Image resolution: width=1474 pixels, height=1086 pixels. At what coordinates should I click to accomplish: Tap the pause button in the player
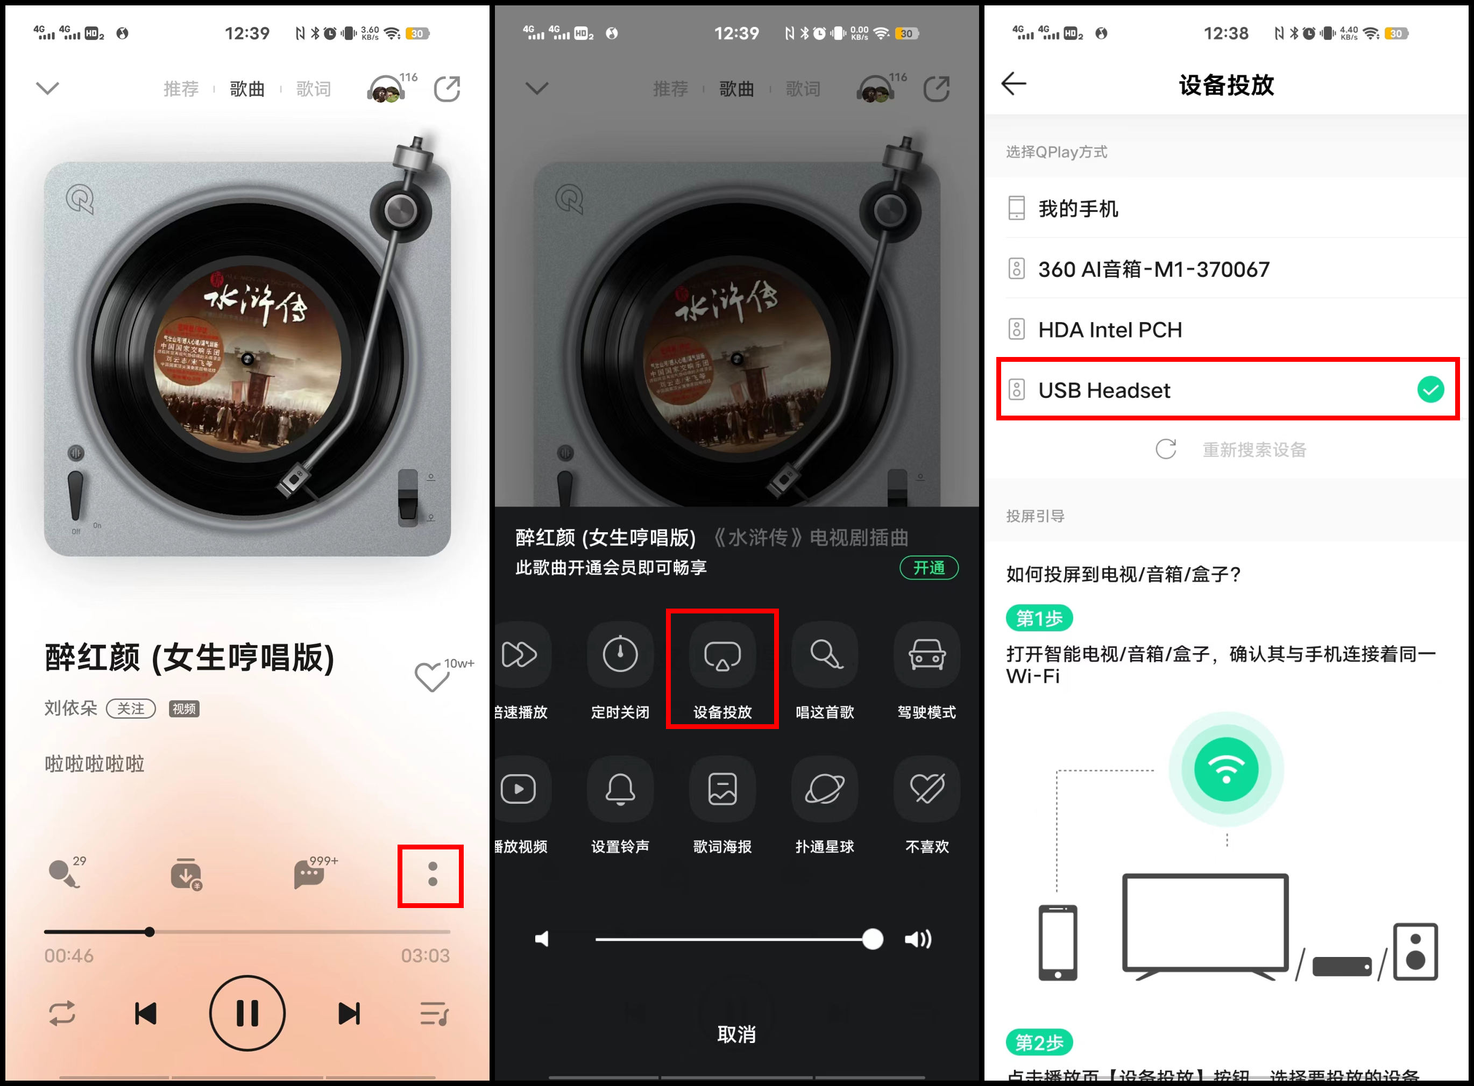pos(247,1013)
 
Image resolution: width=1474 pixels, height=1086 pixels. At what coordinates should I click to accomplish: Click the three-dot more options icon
pos(432,874)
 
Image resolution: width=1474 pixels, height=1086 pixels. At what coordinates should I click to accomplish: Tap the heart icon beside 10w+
pos(431,676)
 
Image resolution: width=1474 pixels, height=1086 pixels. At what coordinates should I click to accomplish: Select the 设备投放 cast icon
pos(722,655)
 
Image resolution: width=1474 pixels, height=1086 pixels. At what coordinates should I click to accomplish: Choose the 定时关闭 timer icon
pos(620,655)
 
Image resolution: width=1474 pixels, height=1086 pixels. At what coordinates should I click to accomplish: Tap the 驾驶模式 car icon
pos(927,655)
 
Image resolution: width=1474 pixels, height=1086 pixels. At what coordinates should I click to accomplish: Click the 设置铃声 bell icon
pos(620,789)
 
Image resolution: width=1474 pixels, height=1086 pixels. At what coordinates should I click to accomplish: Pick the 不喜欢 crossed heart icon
pos(927,789)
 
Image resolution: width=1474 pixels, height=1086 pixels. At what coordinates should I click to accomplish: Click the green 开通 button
pos(929,567)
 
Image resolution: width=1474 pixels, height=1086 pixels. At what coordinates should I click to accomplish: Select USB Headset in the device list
pos(1104,390)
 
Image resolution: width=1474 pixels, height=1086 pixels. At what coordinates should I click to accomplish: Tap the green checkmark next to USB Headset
pos(1430,390)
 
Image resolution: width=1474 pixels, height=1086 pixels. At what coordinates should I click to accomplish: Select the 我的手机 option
pos(1078,209)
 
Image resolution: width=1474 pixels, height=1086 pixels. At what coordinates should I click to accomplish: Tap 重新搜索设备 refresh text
pos(1253,449)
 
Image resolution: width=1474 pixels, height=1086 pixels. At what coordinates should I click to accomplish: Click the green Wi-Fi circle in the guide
pos(1226,769)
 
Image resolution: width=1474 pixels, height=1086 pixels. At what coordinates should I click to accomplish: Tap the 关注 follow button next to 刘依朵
pos(131,708)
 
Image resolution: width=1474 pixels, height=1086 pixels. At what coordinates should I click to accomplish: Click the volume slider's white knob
pos(872,939)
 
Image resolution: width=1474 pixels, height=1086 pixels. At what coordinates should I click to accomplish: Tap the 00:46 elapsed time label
pos(69,955)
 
